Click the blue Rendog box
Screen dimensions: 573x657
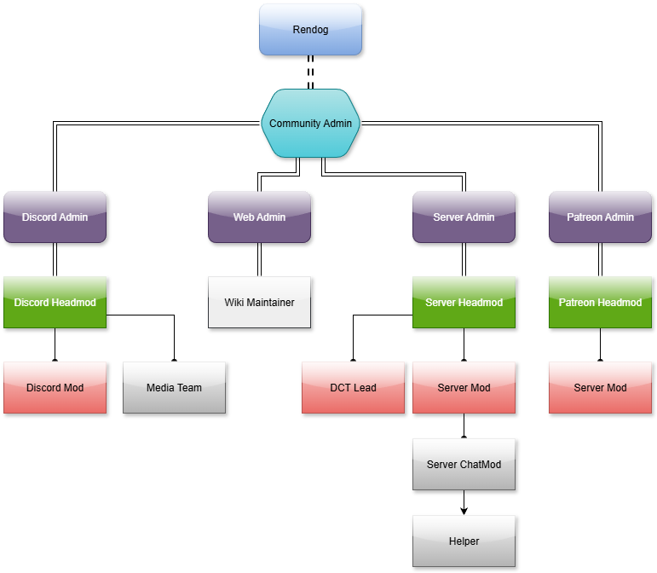coord(310,29)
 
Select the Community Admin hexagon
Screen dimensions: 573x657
coord(310,124)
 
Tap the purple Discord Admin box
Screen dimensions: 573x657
coord(55,217)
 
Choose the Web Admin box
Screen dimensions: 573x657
coord(259,217)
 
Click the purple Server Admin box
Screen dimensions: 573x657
coord(464,217)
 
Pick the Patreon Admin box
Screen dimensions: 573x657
coord(600,217)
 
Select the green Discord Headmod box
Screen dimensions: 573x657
coord(55,302)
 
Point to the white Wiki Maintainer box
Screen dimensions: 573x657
coord(259,302)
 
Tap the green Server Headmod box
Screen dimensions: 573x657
coord(464,302)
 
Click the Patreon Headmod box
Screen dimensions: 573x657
coord(600,302)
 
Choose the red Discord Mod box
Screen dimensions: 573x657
coord(55,387)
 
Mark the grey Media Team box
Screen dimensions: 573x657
coord(174,387)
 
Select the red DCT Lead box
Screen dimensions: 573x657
coord(353,387)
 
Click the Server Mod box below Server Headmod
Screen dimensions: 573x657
coord(464,387)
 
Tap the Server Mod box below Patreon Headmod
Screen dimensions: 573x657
coord(600,387)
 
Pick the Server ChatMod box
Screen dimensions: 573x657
coord(464,464)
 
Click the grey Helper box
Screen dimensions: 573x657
coord(464,541)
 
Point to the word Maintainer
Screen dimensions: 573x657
coord(270,303)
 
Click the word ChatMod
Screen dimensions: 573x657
coord(481,465)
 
